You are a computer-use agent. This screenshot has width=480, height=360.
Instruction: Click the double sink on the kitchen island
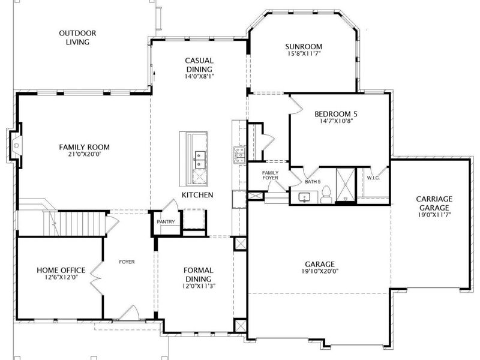(199, 161)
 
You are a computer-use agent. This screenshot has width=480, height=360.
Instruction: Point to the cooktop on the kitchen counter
(239, 154)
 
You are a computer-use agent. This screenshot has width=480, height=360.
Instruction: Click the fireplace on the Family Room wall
(14, 145)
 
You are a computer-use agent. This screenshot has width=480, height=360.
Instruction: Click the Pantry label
(166, 222)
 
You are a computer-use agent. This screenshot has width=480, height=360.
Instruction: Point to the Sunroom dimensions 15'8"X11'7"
(304, 54)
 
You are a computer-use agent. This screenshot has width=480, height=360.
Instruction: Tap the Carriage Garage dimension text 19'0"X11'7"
(435, 214)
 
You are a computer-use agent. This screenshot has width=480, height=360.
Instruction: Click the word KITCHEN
(197, 196)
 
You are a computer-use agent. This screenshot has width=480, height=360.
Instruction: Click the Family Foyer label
(270, 176)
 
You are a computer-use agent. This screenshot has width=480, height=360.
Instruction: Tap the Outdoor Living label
(78, 38)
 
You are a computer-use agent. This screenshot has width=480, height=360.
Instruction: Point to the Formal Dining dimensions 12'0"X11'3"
(198, 286)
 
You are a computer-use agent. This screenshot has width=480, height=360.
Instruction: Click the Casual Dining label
(199, 68)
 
